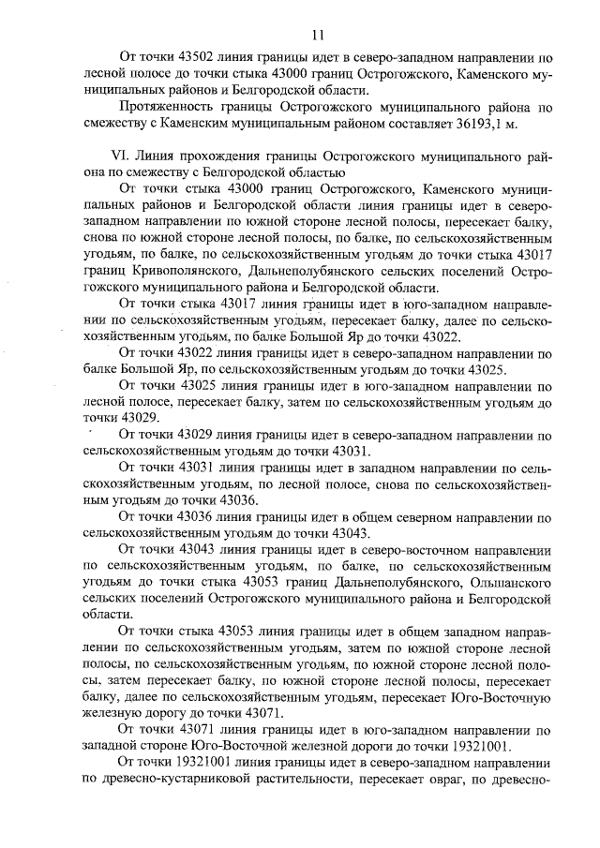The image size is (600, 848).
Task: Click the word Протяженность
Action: click(169, 108)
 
